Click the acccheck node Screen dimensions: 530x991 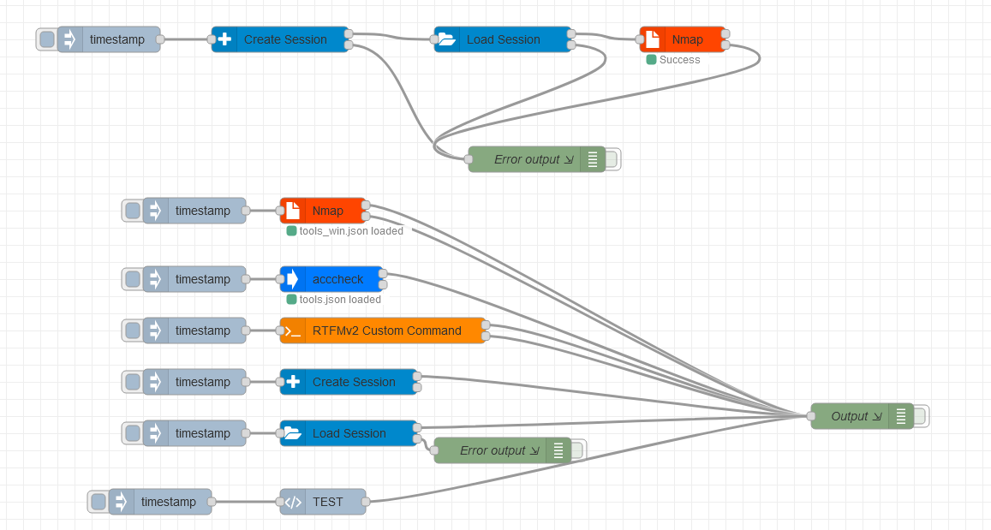tap(337, 279)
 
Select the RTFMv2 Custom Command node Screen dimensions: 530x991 tap(386, 331)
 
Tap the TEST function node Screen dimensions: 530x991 tap(327, 502)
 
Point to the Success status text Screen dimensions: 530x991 tap(679, 60)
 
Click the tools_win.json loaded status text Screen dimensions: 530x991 tap(350, 231)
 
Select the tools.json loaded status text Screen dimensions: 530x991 tap(339, 300)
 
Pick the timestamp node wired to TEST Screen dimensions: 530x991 tap(168, 502)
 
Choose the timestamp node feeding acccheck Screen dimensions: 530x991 tap(202, 279)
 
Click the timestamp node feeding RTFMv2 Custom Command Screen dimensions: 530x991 tap(202, 331)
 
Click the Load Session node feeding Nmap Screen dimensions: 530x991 tap(503, 39)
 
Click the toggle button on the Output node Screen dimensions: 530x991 tap(920, 416)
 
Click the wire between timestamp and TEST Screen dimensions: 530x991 tap(246, 502)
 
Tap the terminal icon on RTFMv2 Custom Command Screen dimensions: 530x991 tap(293, 331)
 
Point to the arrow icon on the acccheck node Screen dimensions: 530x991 tap(293, 279)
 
